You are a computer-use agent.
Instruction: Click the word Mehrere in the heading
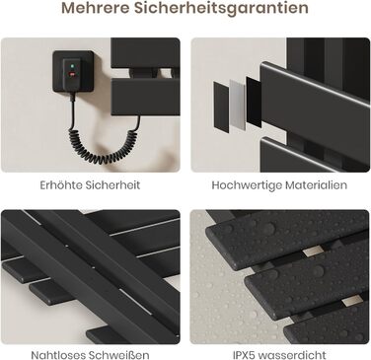[x=95, y=8]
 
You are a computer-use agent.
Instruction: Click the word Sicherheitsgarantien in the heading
[x=221, y=9]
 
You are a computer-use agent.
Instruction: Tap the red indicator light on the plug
[x=72, y=74]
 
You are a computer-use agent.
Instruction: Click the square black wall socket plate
[x=73, y=71]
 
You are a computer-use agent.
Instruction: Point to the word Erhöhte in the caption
[x=61, y=184]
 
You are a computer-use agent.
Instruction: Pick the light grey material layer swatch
[x=238, y=104]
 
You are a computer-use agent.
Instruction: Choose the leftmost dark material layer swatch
[x=221, y=107]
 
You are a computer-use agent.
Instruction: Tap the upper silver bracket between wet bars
[x=313, y=252]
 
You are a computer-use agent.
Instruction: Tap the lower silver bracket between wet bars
[x=351, y=300]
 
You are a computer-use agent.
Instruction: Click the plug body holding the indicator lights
[x=72, y=74]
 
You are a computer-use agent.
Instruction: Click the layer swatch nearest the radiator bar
[x=254, y=102]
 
